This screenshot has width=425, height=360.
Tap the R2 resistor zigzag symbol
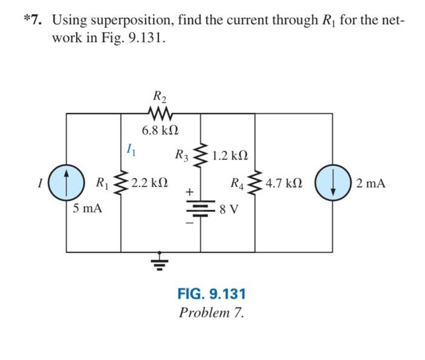click(x=160, y=113)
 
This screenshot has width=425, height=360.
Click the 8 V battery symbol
click(x=200, y=209)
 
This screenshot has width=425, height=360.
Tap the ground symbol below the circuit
click(x=160, y=262)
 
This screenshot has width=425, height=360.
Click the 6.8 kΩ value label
click(x=160, y=131)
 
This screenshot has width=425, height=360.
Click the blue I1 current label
click(x=129, y=148)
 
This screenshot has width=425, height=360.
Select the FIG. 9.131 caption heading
click(x=211, y=294)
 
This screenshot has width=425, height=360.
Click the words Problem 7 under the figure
click(x=211, y=313)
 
